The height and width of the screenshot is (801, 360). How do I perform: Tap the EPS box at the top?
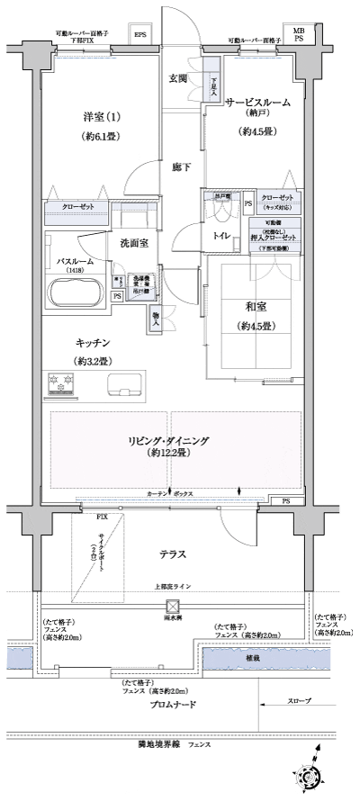[x=139, y=35]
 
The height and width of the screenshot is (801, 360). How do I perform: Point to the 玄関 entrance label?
[x=177, y=78]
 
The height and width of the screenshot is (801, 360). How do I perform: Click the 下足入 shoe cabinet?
[x=213, y=87]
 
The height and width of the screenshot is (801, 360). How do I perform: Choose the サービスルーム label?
[x=257, y=103]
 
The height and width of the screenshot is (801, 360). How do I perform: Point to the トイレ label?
[x=219, y=237]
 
